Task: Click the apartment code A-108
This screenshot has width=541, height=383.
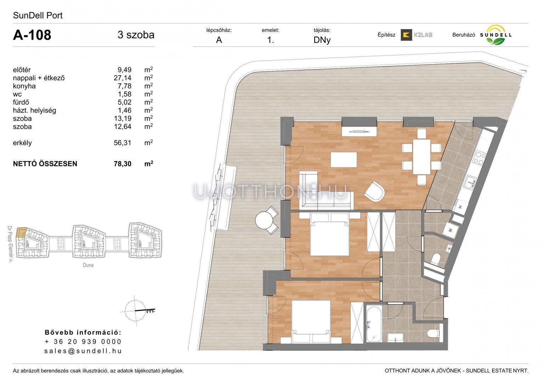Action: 32,35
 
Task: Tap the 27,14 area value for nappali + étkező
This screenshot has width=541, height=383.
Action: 123,78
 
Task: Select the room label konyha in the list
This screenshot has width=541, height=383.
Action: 24,86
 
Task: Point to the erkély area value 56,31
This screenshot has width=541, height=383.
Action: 123,143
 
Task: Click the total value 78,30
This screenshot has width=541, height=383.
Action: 123,164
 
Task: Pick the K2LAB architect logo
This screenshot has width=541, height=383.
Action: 416,35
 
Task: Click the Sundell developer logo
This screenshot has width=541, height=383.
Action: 496,35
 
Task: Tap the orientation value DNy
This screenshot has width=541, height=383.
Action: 322,40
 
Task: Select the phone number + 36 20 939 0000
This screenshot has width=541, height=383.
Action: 83,342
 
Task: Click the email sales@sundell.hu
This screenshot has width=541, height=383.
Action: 83,351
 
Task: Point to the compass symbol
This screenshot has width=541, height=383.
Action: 137,310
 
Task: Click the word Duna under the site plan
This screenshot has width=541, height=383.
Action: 88,265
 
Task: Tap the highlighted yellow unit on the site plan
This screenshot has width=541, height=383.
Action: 21,233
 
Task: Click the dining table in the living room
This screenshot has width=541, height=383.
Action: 422,157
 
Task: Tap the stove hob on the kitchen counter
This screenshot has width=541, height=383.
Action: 479,158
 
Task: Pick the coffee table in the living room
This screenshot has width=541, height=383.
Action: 344,160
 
